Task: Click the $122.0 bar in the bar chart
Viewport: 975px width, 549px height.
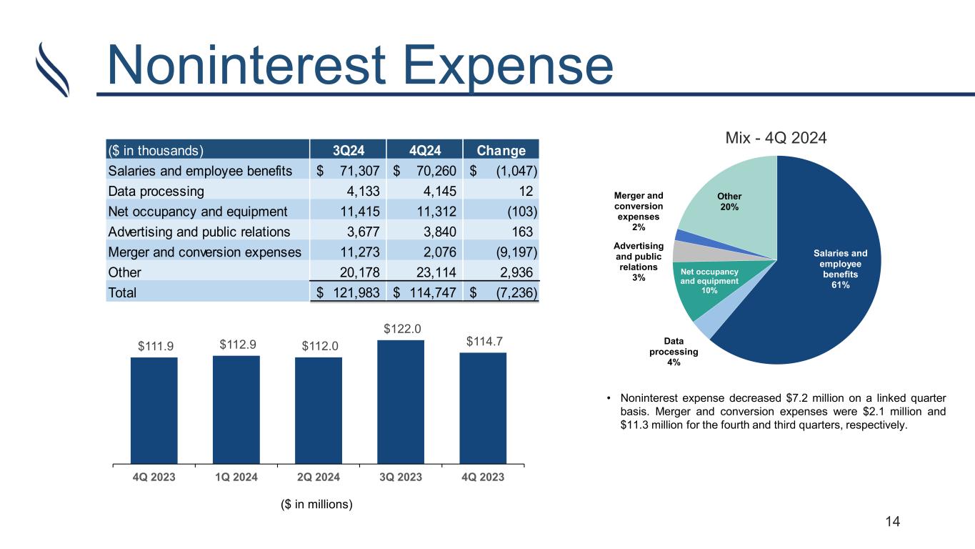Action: (400, 402)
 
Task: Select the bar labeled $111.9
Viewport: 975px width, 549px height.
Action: (154, 410)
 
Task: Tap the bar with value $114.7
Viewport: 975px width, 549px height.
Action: (483, 408)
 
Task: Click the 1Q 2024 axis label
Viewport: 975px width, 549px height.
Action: (236, 478)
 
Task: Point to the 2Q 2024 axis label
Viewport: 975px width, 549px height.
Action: (319, 478)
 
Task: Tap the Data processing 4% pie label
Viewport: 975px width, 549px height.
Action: (674, 352)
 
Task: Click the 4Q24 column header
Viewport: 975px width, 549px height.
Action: (424, 151)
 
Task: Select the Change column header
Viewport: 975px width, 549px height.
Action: (501, 151)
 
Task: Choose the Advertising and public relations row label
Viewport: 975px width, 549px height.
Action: (199, 232)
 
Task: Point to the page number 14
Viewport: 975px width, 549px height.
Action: (892, 522)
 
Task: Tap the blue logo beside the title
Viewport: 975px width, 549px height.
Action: (54, 69)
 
